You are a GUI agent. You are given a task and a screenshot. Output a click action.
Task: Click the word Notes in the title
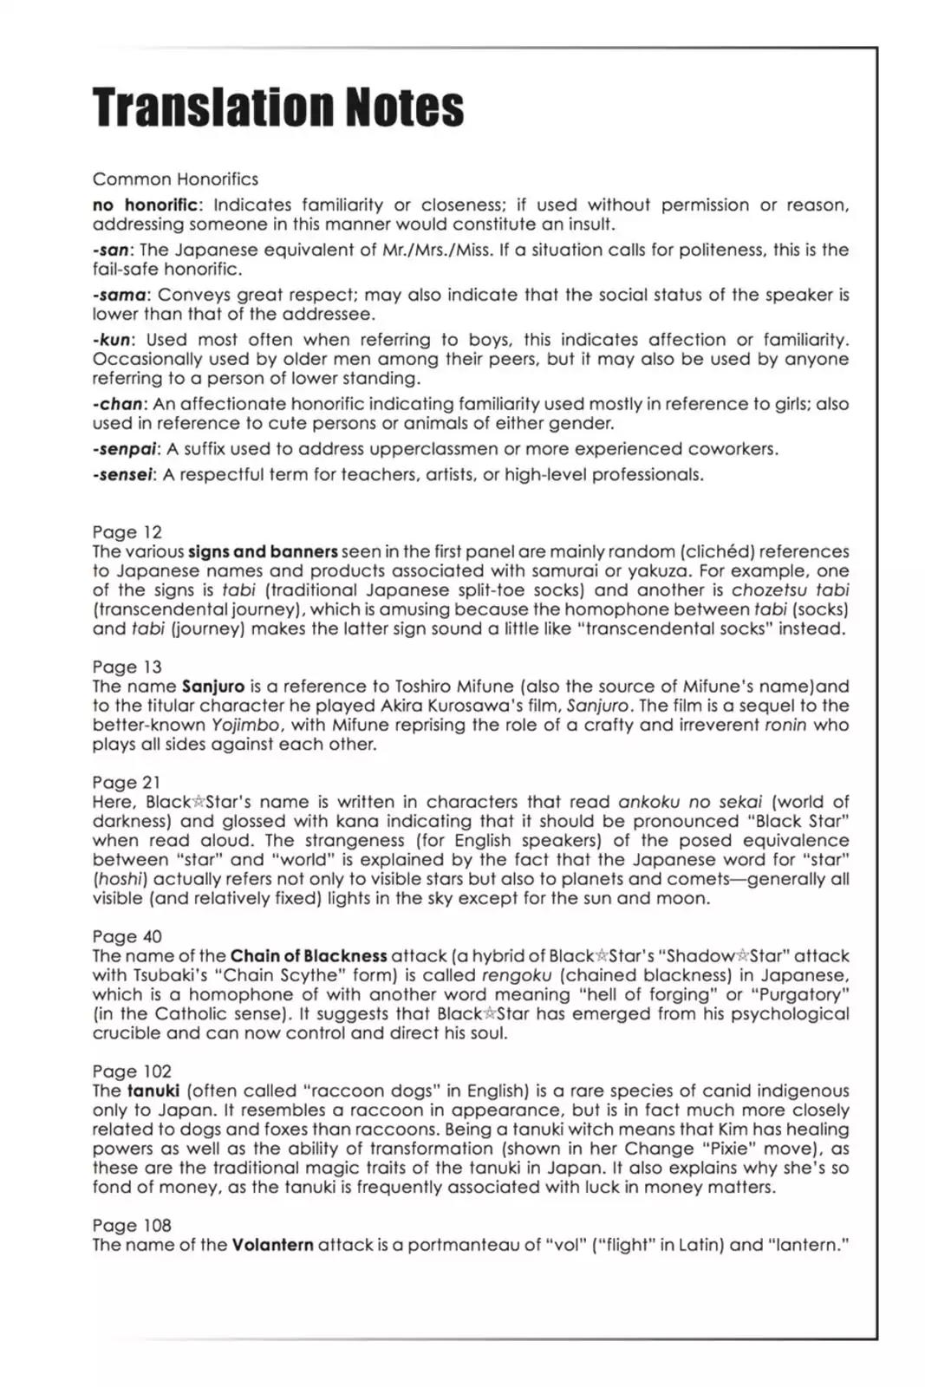point(405,107)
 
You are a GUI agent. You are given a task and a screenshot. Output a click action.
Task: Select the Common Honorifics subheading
point(175,179)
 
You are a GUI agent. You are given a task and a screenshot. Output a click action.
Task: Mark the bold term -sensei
point(123,475)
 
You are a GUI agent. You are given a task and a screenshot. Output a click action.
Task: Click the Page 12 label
point(127,532)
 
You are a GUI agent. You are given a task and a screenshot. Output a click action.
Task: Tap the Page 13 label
point(127,667)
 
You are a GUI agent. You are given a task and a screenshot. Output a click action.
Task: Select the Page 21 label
point(127,782)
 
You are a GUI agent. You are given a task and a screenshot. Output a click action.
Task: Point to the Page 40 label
point(127,936)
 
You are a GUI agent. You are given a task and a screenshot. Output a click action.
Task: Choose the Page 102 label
point(132,1071)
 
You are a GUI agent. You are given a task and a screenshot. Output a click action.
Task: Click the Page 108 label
point(132,1225)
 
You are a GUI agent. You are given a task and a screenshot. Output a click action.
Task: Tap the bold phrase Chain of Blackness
point(309,956)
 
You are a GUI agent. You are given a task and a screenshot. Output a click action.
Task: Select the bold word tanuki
point(153,1091)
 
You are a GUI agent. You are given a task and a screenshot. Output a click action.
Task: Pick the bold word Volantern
point(272,1245)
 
